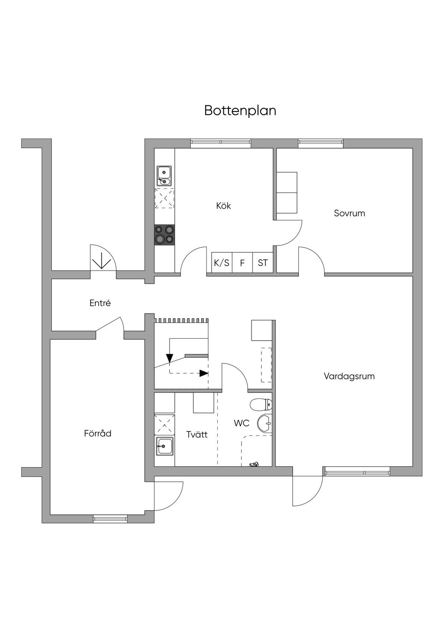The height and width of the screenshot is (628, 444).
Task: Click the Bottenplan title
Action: coord(240,111)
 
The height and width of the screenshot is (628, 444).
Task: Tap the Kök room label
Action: coord(223,206)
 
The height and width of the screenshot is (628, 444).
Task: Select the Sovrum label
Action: coord(349,213)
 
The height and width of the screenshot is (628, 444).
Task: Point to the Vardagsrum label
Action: coord(349,376)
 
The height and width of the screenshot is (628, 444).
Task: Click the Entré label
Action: coord(100,304)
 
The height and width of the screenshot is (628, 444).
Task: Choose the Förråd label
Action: coord(98,433)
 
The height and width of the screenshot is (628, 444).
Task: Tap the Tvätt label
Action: coord(197,435)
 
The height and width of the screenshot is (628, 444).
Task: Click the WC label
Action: coord(242,423)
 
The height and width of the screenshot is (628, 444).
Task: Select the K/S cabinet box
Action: coord(222,263)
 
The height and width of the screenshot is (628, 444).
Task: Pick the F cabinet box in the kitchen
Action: coord(242,263)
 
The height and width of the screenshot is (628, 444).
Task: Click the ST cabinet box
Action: coord(263,263)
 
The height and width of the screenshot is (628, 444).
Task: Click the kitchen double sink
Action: coord(164,176)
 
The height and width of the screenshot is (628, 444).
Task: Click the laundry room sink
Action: coord(165,446)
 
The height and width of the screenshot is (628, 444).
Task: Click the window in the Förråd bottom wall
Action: coord(110,518)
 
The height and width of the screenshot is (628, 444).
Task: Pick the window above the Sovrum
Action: coord(320,143)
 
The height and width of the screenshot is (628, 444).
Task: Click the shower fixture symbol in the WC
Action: coord(254,465)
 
